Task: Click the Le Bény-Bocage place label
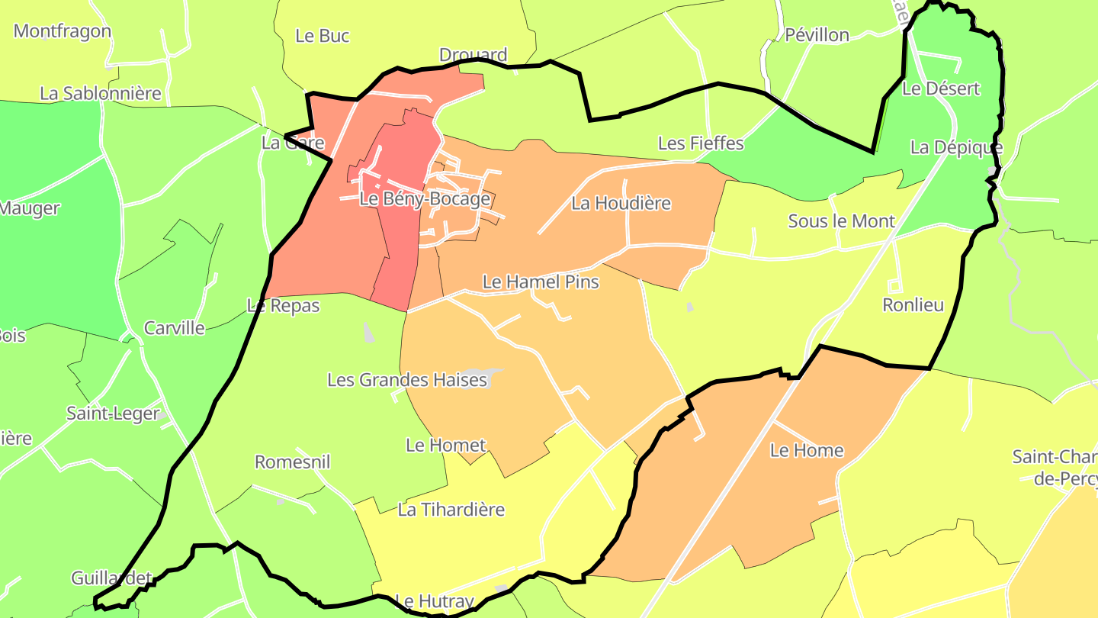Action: tap(425, 199)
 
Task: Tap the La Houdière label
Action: tap(621, 203)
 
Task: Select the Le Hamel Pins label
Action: tap(541, 282)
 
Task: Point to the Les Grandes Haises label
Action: tap(406, 379)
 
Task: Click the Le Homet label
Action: tap(445, 445)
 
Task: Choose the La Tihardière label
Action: tap(451, 509)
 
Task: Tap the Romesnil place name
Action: tap(292, 462)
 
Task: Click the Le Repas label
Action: tap(283, 306)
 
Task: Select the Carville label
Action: tap(175, 328)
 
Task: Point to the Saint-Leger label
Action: tap(113, 414)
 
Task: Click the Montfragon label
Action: tap(63, 31)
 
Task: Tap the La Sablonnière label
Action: tap(101, 93)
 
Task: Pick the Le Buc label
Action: tap(322, 36)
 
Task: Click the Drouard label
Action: tap(473, 55)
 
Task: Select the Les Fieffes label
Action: tap(700, 143)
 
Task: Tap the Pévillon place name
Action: tap(817, 34)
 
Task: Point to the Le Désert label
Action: tap(941, 89)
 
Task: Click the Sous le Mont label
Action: tap(841, 221)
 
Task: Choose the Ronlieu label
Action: tap(913, 305)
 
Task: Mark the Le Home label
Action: tap(807, 450)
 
